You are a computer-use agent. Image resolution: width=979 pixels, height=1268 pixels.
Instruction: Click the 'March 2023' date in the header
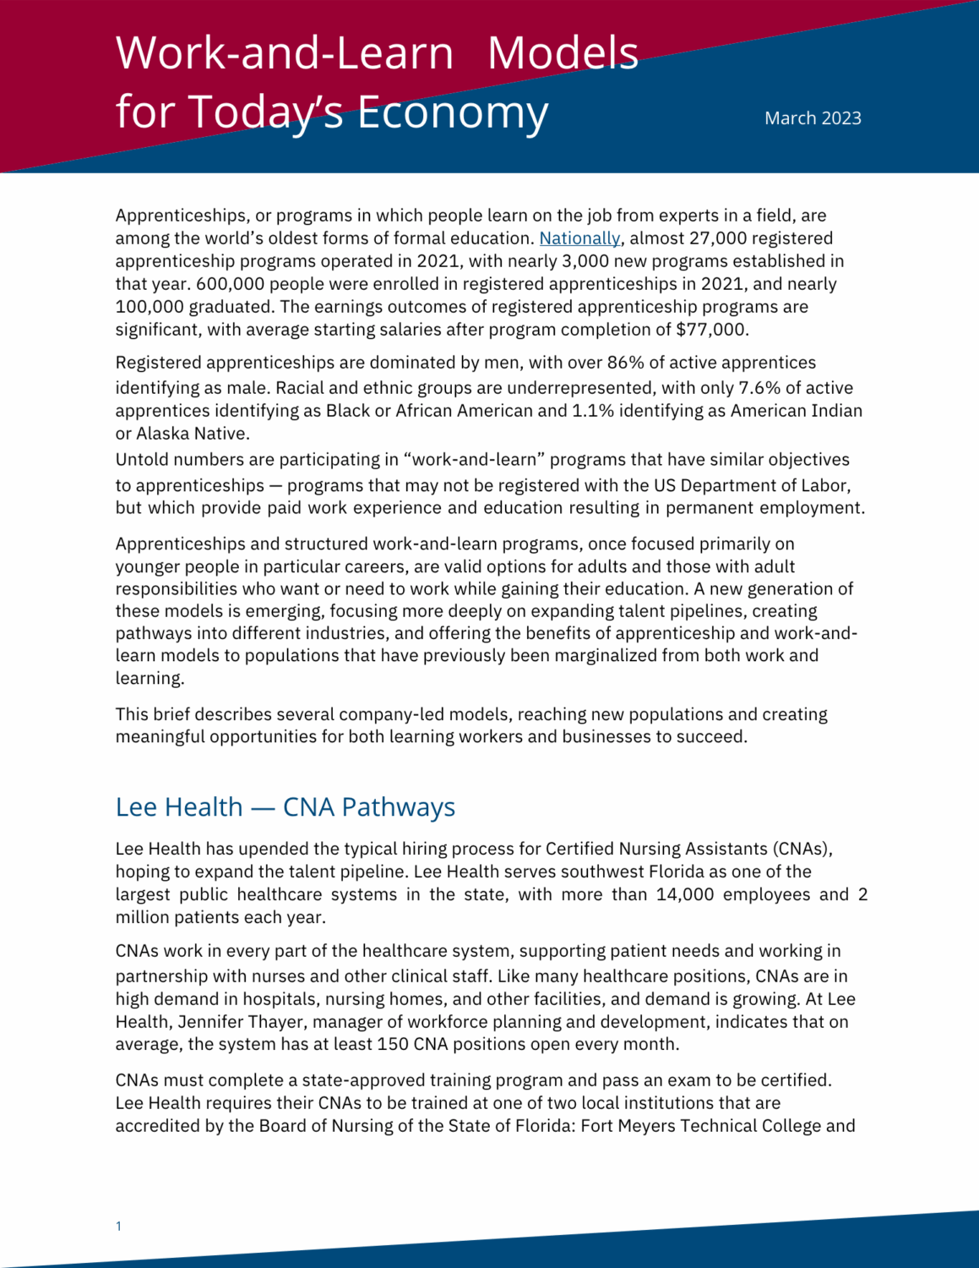813,118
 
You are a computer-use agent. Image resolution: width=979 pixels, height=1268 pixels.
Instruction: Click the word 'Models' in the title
563,52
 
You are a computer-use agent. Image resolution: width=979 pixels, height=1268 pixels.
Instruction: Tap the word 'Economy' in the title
453,112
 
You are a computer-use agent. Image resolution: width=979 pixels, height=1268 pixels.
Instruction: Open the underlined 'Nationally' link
579,238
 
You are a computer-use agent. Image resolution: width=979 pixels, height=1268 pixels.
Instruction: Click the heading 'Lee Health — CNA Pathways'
286,807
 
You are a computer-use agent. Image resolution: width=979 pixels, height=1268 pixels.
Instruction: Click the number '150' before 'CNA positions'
393,1044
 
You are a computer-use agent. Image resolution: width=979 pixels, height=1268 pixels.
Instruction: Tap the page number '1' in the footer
118,1226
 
